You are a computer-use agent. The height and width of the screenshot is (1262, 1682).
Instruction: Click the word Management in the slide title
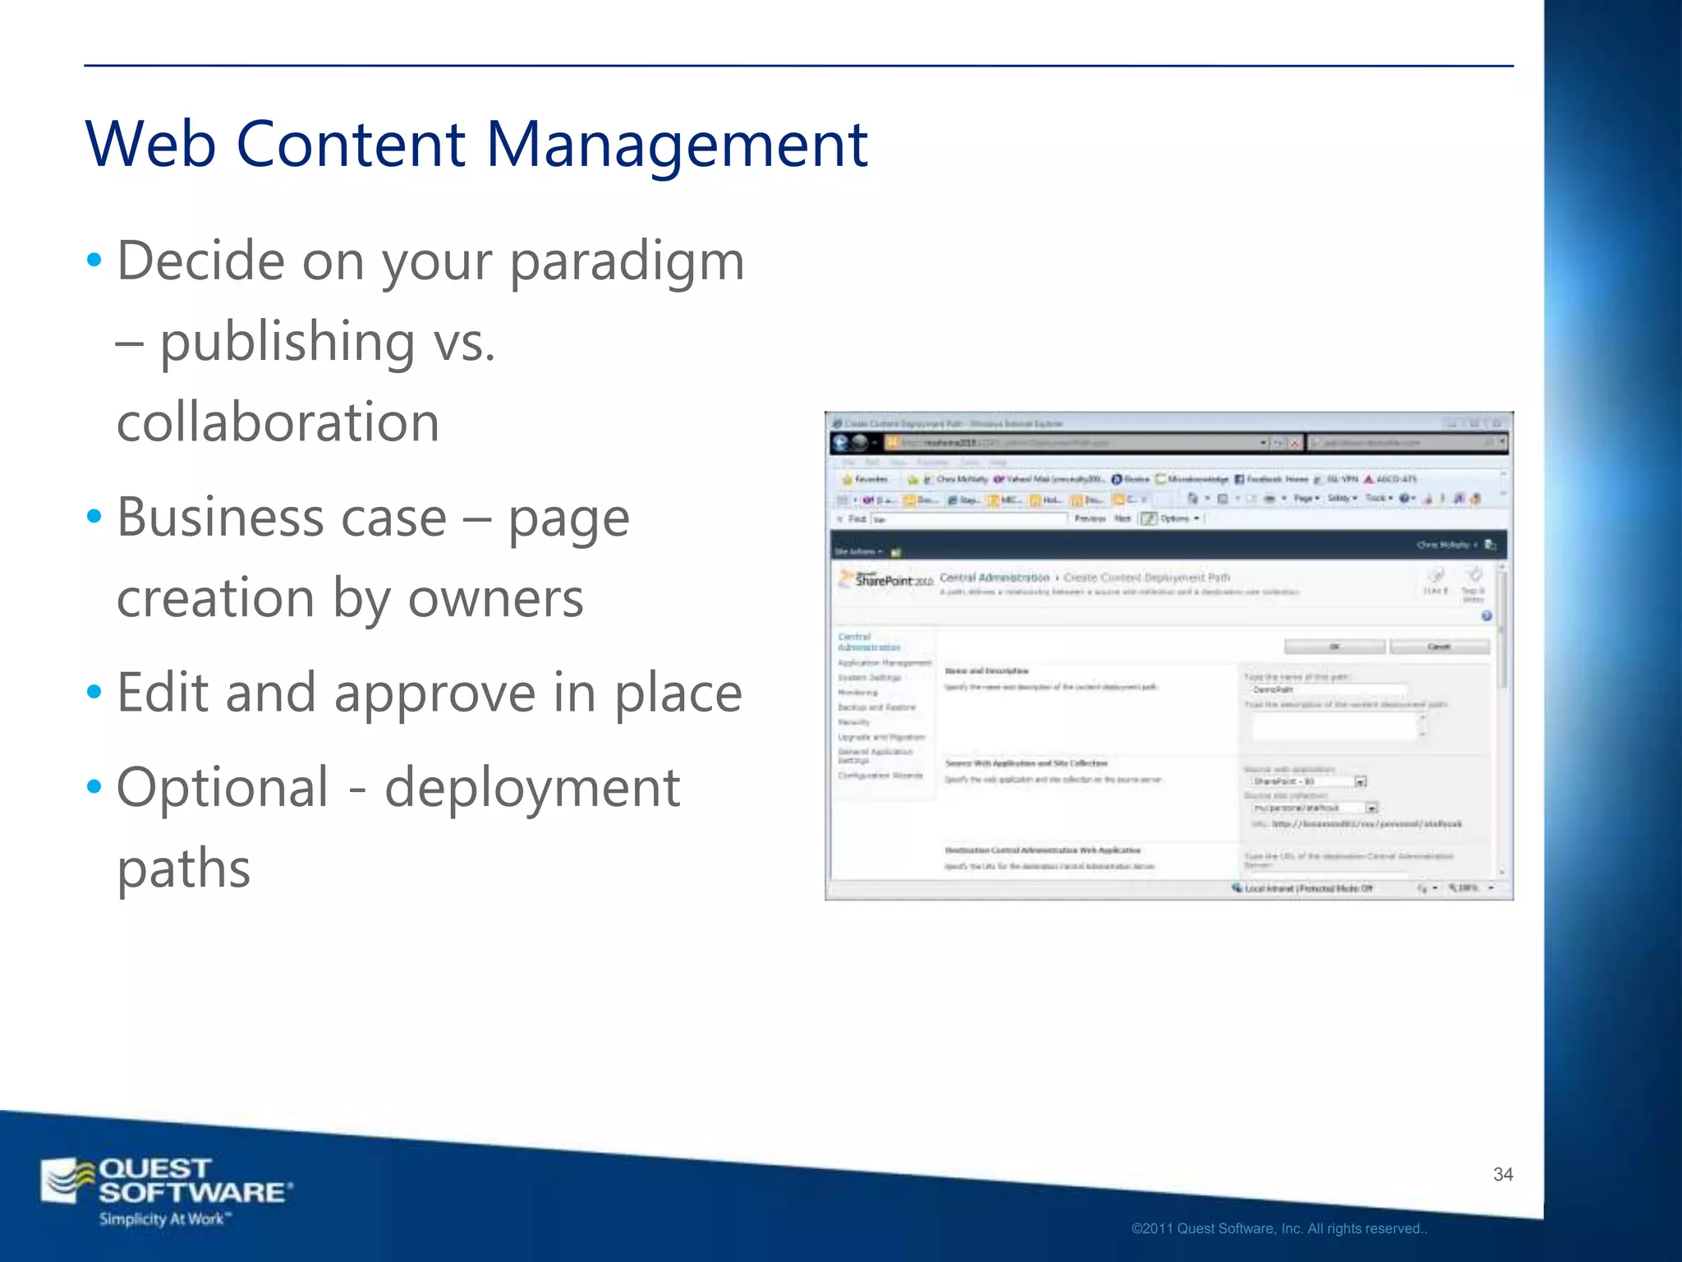[x=677, y=145]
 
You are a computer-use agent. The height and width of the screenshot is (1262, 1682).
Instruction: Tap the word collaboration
[x=278, y=422]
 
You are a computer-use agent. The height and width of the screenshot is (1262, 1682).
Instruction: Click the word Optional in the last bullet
[x=223, y=787]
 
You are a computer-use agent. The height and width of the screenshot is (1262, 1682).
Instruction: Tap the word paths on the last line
[x=183, y=868]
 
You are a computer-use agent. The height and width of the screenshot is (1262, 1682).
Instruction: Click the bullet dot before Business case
[x=94, y=517]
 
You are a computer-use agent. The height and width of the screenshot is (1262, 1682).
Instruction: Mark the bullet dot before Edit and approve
[x=94, y=693]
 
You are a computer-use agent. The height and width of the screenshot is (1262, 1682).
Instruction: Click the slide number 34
[x=1503, y=1175]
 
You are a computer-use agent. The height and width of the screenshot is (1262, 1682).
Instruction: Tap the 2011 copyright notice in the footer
[x=1279, y=1229]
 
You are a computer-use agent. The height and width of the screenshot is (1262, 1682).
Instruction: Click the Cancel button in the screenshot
[x=1439, y=647]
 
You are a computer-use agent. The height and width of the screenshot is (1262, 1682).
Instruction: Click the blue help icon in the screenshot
[x=1486, y=616]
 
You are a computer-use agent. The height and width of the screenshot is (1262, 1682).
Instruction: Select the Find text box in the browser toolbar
[x=969, y=519]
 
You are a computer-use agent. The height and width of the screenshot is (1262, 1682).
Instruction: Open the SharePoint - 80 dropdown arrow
[x=1360, y=781]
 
